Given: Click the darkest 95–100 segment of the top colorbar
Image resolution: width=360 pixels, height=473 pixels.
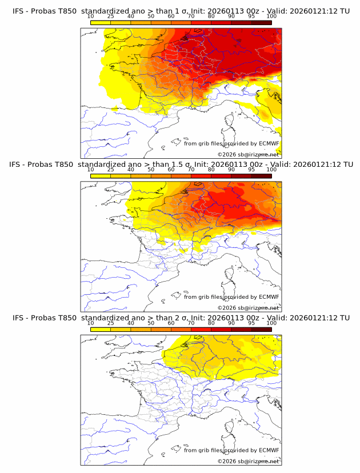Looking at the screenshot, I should pyautogui.click(x=261, y=22).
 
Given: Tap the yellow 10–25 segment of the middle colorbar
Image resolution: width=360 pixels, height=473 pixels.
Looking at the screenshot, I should pyautogui.click(x=101, y=176).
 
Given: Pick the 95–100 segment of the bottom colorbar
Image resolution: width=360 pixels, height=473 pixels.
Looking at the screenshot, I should pyautogui.click(x=261, y=330).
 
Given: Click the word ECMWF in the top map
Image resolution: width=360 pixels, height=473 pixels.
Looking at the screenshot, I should pyautogui.click(x=269, y=143).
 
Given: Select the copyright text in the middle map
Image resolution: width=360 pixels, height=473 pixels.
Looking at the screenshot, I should pyautogui.click(x=248, y=308).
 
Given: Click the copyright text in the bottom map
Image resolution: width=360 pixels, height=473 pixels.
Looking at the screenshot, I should pyautogui.click(x=248, y=462).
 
